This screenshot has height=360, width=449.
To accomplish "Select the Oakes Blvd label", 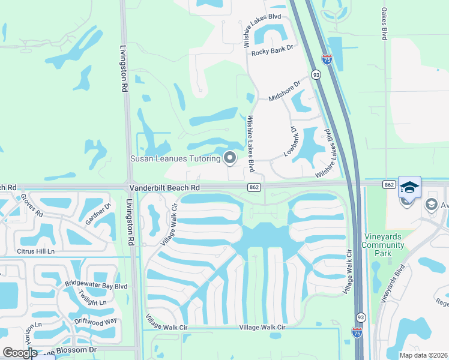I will tap(384, 24).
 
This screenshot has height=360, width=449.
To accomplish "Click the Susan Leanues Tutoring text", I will tap(175, 158).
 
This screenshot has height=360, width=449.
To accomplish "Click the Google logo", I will tap(20, 353).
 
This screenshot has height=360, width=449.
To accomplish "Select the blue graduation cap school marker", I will tap(409, 187).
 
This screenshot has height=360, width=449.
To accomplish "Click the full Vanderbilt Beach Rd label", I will tap(164, 188).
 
